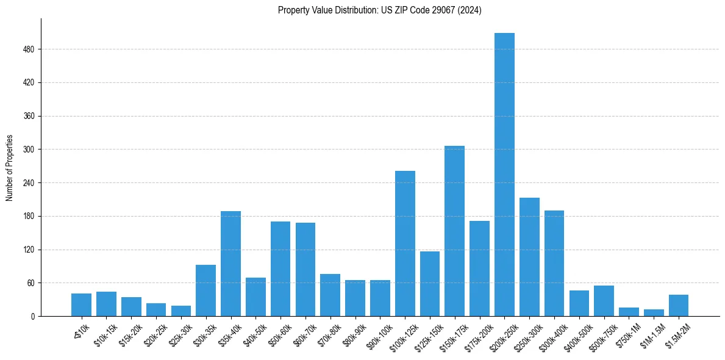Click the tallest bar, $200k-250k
(x=504, y=175)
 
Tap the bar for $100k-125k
(x=405, y=243)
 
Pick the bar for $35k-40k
(x=230, y=264)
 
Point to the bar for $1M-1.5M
(x=654, y=313)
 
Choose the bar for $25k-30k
(x=181, y=311)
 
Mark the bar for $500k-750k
(x=604, y=301)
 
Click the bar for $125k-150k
(x=430, y=284)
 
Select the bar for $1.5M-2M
(x=679, y=306)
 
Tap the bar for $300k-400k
(x=554, y=263)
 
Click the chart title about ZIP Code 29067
(x=379, y=10)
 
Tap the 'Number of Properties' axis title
(x=10, y=167)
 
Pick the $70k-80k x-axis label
(x=329, y=333)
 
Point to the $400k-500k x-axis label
(x=576, y=335)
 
